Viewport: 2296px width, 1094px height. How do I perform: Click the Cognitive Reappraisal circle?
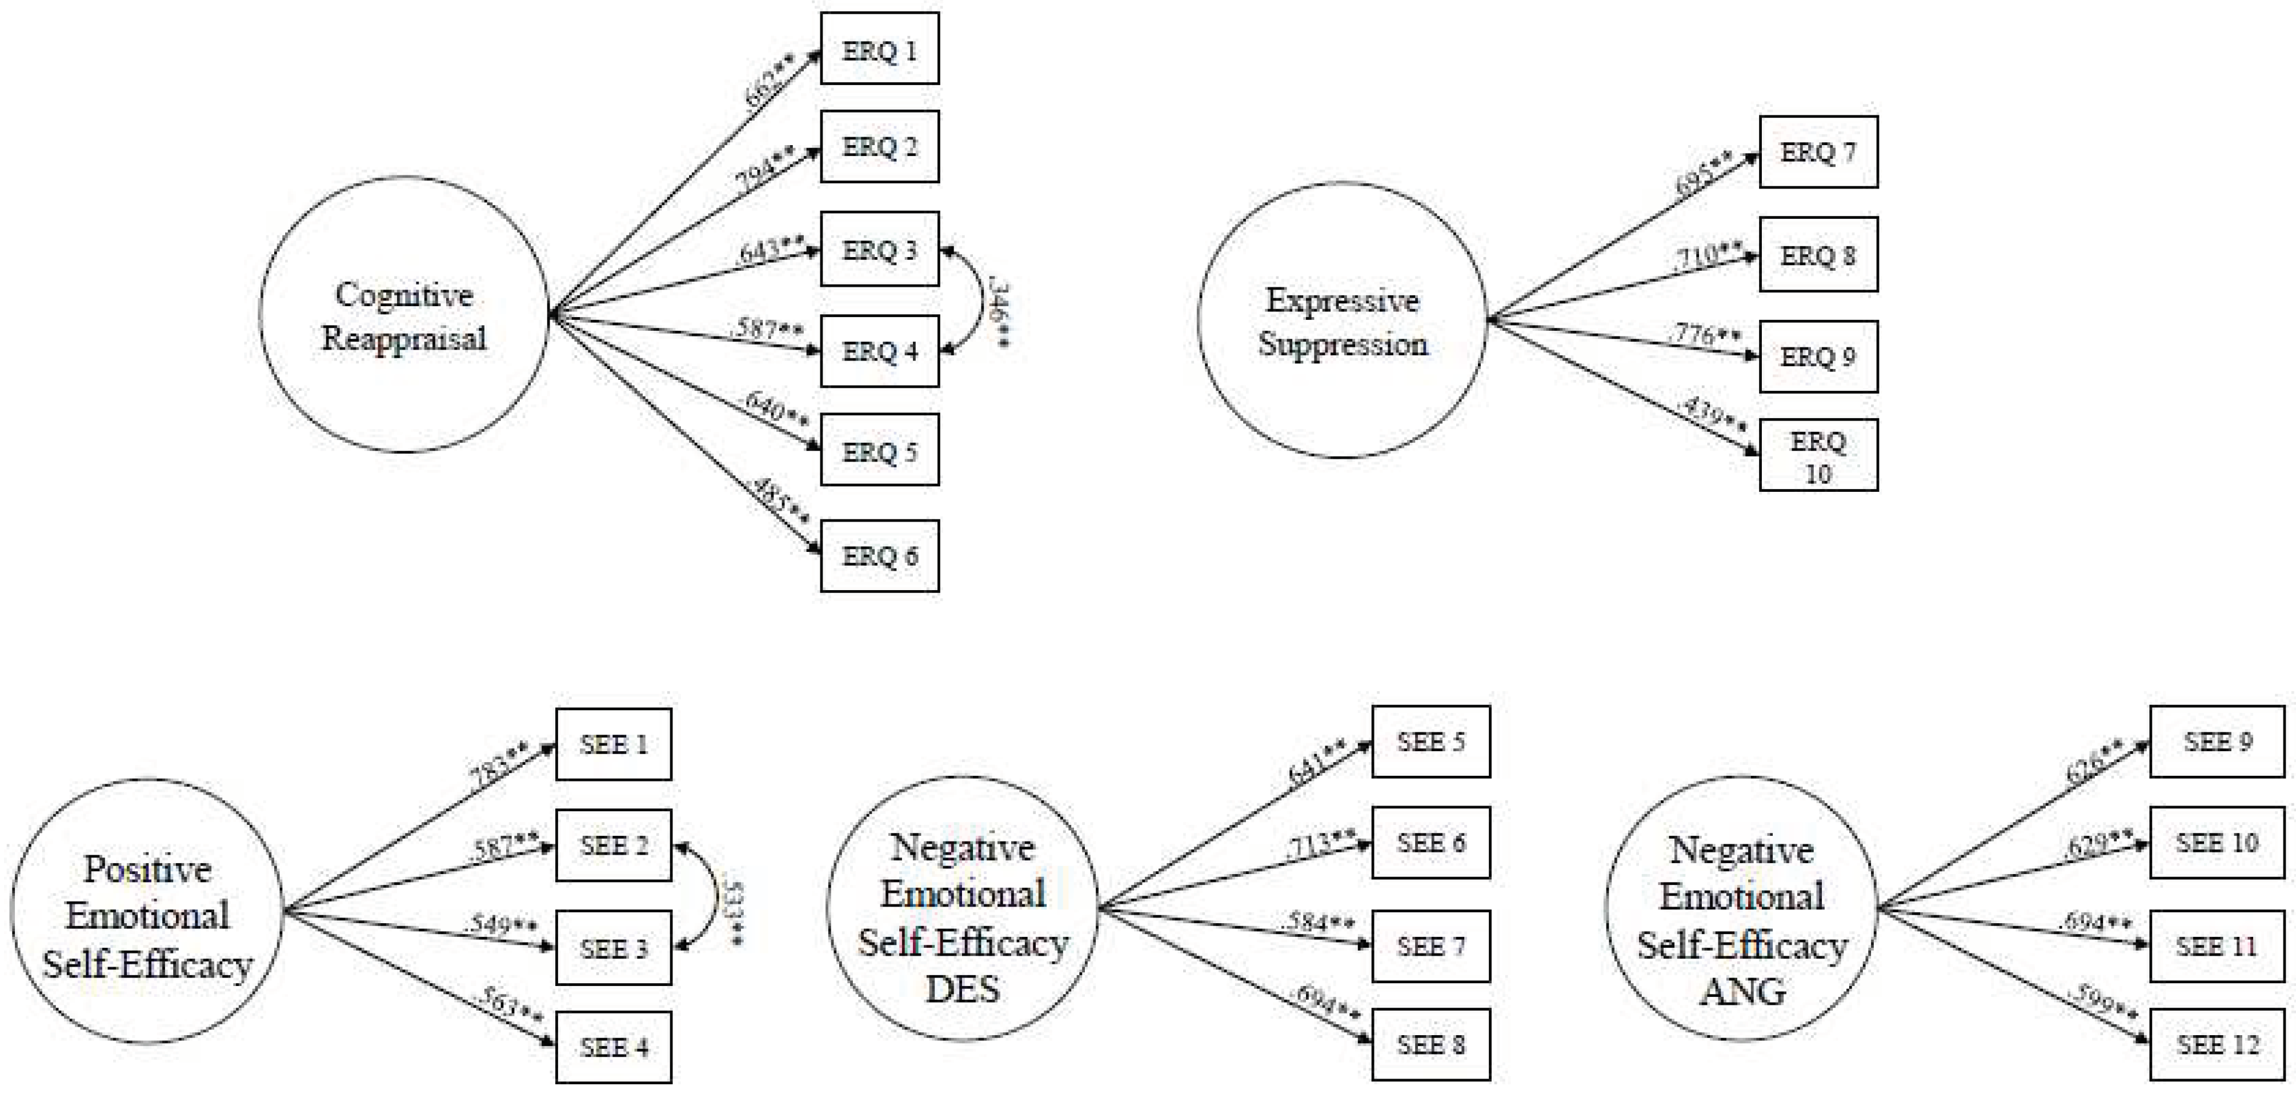tap(404, 315)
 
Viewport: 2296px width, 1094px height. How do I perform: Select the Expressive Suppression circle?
tap(1343, 321)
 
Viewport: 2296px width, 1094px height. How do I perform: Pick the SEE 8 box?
tap(1431, 1044)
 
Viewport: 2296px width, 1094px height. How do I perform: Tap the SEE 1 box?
tap(613, 744)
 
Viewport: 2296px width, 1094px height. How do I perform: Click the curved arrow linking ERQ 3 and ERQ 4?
tap(979, 302)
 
